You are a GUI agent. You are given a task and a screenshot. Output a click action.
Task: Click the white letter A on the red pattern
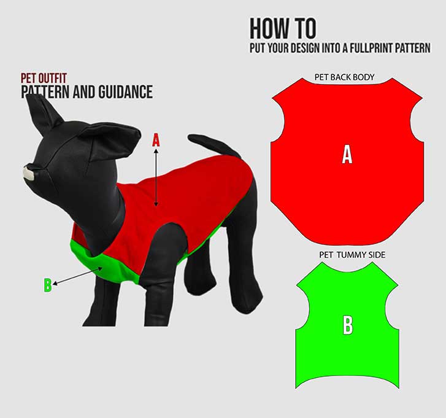point(347,156)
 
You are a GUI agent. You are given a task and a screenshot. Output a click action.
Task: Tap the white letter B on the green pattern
point(348,326)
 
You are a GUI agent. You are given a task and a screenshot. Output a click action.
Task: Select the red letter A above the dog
point(156,140)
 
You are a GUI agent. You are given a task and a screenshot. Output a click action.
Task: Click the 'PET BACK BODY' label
point(344,78)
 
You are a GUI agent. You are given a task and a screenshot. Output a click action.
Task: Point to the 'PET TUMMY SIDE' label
point(352,254)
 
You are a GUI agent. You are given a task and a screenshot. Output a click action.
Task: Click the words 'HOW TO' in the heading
point(283,29)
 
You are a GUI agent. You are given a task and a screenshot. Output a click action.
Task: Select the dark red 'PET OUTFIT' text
point(44,79)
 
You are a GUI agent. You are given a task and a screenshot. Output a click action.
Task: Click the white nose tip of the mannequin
point(27,172)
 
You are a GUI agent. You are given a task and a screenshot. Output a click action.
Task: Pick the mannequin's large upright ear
point(42,114)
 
